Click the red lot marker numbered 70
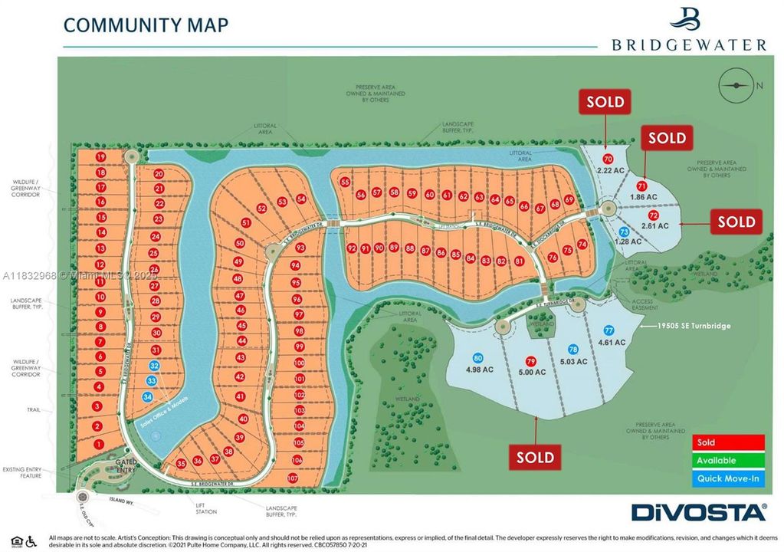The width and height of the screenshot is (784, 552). click(609, 159)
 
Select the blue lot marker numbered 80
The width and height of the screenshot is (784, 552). click(478, 358)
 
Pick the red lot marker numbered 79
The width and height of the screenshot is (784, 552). click(530, 361)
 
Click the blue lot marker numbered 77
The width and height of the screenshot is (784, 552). click(609, 330)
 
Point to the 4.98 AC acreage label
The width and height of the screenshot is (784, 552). click(478, 373)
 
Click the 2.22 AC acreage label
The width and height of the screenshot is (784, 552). click(609, 169)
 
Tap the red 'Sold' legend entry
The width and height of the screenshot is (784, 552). click(729, 442)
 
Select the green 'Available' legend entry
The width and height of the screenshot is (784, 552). click(729, 460)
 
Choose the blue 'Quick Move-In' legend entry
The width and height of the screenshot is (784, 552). click(729, 478)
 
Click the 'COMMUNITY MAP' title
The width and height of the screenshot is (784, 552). click(146, 25)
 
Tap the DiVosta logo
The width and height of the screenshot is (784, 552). click(698, 512)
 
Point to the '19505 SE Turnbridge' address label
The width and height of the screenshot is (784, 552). click(694, 326)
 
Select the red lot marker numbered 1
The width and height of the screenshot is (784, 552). click(98, 444)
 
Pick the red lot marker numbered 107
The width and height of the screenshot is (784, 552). click(292, 478)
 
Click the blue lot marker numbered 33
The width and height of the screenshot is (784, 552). click(152, 381)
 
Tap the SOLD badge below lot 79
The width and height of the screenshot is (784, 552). click(535, 458)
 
